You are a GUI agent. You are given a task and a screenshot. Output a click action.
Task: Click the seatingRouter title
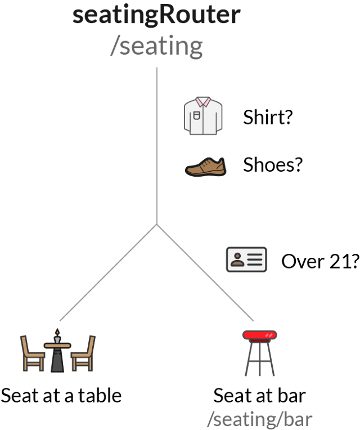click(156, 16)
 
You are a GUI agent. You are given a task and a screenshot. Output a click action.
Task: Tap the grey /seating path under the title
click(156, 46)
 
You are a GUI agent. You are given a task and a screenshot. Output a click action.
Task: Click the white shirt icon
click(203, 115)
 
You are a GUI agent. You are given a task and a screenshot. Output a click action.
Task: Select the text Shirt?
click(268, 117)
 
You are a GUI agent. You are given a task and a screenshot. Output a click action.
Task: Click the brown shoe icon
click(205, 167)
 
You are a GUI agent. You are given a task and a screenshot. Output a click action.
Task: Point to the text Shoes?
click(273, 164)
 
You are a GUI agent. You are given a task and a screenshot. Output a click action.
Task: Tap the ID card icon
click(246, 259)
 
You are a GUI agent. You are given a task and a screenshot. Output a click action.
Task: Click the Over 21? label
click(321, 261)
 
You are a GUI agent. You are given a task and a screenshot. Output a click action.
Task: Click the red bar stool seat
click(260, 335)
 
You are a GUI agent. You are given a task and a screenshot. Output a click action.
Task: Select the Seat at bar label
click(259, 396)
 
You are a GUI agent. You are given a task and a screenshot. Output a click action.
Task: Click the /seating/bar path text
click(260, 419)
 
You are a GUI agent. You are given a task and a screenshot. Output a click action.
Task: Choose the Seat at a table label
click(61, 396)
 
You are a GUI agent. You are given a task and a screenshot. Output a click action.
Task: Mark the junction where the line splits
click(157, 225)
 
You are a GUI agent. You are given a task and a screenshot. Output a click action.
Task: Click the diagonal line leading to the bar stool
click(205, 272)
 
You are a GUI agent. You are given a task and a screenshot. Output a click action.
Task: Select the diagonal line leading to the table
click(108, 272)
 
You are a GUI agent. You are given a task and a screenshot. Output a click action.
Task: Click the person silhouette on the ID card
click(237, 259)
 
